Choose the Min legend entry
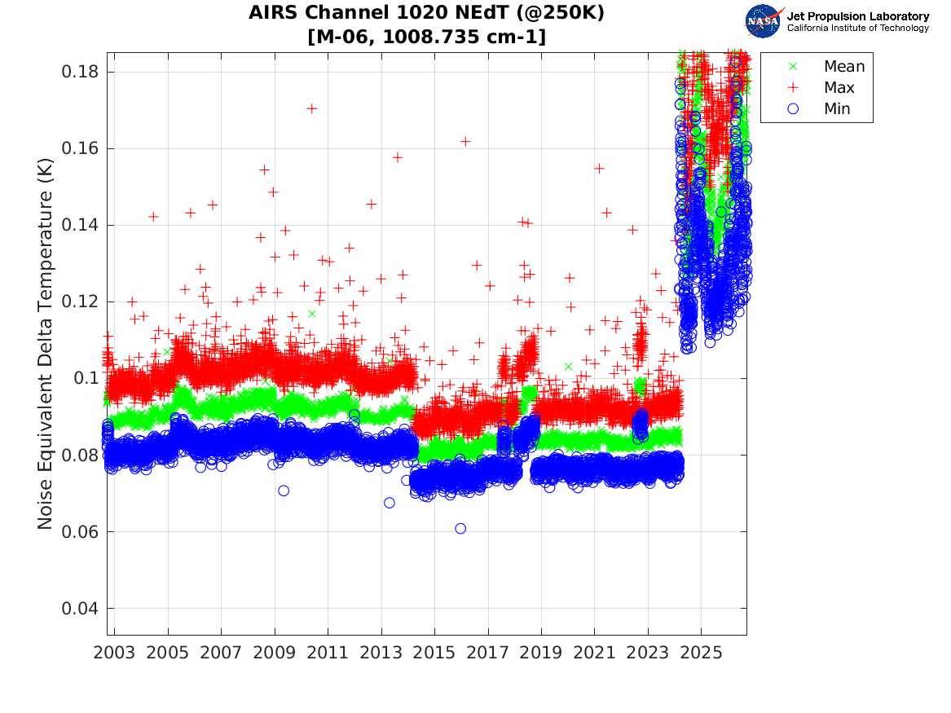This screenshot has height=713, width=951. click(x=819, y=108)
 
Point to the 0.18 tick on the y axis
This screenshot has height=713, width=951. click(x=79, y=72)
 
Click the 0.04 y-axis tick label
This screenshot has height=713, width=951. click(x=79, y=608)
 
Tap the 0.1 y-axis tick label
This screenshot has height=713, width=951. click(x=86, y=378)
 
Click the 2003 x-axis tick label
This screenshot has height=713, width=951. click(x=114, y=653)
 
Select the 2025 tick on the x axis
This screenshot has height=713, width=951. click(x=701, y=653)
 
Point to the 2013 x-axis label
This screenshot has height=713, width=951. click(x=381, y=653)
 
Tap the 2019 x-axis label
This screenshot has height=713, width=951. click(x=541, y=653)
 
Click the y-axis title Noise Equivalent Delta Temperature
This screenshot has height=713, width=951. click(x=45, y=344)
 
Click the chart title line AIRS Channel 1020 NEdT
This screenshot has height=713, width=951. click(x=426, y=12)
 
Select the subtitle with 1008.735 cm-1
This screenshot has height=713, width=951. click(x=426, y=37)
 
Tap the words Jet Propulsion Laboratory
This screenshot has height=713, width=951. click(x=858, y=16)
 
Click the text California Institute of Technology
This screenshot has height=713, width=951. click(x=858, y=28)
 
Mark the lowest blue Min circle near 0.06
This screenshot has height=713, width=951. click(x=460, y=529)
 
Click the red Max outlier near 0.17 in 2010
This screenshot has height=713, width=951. click(x=312, y=108)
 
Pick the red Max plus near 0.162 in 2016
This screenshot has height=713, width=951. click(x=465, y=141)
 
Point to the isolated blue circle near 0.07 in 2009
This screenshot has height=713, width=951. click(x=284, y=491)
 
